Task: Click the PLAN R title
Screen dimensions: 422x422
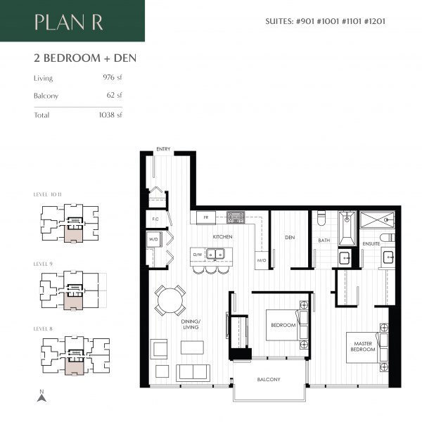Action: click(69, 22)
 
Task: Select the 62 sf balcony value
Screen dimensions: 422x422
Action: click(115, 95)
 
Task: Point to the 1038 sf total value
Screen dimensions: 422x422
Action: click(111, 115)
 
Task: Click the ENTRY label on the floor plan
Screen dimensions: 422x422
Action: click(164, 149)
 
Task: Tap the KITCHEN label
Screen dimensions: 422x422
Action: click(223, 236)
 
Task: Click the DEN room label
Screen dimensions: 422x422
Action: click(289, 238)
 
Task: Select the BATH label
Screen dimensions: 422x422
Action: click(324, 241)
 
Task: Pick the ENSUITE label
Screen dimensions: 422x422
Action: click(371, 243)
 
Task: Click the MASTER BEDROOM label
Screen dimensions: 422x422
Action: click(364, 346)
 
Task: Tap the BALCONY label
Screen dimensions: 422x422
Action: click(269, 380)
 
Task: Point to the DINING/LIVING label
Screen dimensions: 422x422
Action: click(190, 324)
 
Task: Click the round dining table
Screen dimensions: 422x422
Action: click(170, 301)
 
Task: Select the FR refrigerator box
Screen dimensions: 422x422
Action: click(206, 218)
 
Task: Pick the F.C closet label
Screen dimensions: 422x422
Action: click(155, 219)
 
